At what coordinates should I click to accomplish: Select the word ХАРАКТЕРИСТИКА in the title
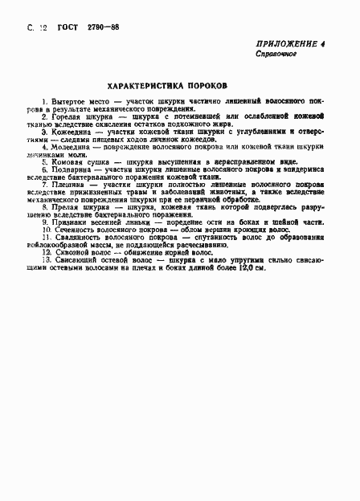coord(145,84)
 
